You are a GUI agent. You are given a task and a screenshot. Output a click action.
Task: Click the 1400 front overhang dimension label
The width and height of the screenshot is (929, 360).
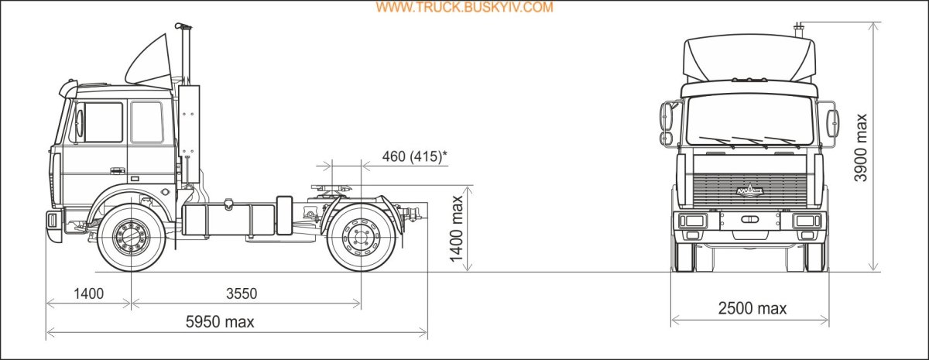89,293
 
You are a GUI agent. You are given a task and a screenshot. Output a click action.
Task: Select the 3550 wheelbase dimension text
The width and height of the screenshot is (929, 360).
242,293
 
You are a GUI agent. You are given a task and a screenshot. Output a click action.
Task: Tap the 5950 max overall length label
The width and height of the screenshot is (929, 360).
220,322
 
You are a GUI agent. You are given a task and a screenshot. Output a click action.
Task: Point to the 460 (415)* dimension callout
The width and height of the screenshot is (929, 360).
415,156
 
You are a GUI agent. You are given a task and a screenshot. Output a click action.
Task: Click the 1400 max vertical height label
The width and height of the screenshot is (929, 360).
457,229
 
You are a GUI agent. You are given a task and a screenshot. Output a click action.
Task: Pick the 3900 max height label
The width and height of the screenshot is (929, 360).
861,148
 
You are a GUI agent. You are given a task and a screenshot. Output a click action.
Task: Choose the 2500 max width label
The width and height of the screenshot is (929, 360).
752,309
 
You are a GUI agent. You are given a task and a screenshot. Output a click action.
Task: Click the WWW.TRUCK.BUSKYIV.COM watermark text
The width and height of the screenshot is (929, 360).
464,7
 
